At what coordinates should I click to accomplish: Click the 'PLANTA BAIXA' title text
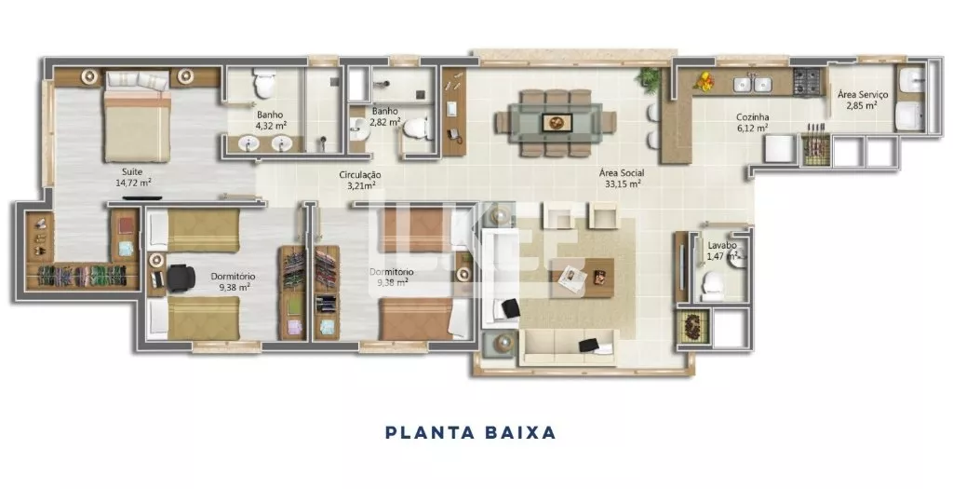pos(470,432)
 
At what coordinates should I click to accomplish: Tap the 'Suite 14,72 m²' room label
pos(133,177)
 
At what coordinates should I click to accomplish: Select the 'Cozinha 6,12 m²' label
pos(752,122)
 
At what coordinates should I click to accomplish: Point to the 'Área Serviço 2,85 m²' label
pos(863,100)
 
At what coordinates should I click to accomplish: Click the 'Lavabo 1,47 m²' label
pos(722,251)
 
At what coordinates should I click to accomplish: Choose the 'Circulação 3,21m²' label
pos(360,180)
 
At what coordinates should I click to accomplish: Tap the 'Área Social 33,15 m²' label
pos(622,178)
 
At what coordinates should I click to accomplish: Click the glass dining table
pos(556,122)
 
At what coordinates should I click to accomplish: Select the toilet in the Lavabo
pos(712,286)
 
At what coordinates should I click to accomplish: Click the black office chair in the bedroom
pos(181,278)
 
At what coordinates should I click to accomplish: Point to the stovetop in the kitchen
pos(807,82)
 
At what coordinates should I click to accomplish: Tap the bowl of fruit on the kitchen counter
pos(705,82)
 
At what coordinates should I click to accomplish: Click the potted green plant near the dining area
pos(650,79)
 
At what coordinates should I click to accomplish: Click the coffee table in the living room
pos(583,278)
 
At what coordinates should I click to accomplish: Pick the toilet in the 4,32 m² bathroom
pos(264,83)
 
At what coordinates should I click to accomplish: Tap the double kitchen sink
pos(752,84)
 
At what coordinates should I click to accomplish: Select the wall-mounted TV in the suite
pos(141,197)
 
